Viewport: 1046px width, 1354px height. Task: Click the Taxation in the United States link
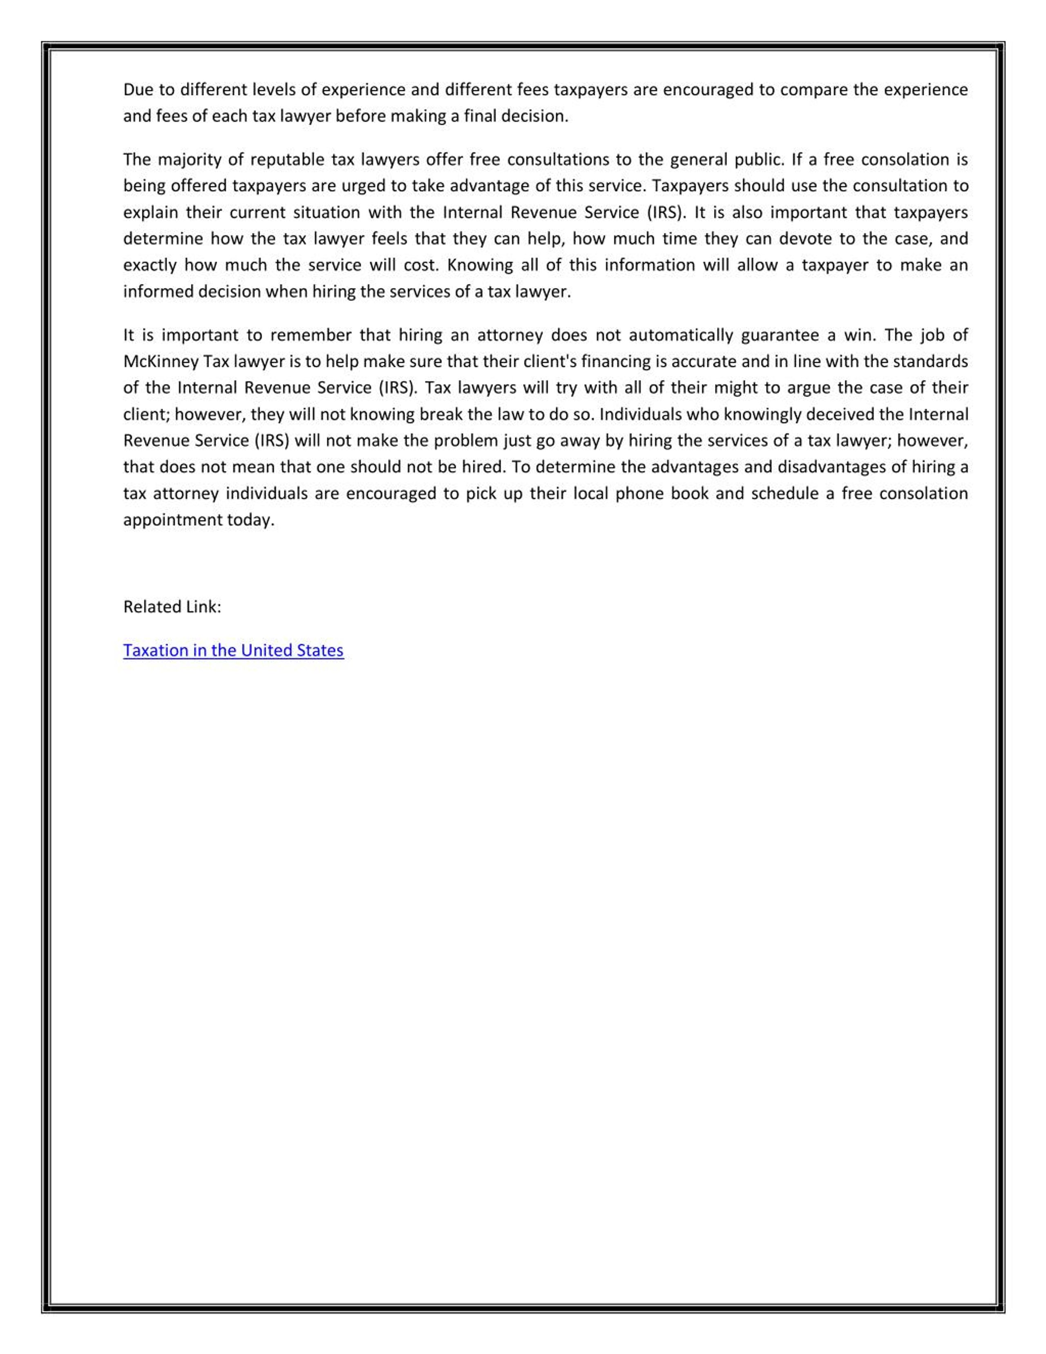coord(233,650)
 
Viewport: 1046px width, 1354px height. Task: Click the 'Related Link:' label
coord(172,607)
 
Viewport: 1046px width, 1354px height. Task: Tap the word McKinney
coord(161,361)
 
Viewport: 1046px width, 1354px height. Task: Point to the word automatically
coord(681,336)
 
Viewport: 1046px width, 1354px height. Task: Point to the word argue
coord(808,388)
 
